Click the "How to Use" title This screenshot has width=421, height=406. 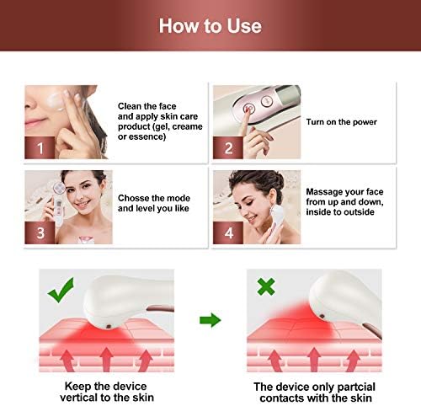(x=210, y=26)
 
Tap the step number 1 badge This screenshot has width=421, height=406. (x=40, y=147)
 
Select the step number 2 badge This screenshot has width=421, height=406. (x=228, y=147)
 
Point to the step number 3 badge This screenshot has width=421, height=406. (x=40, y=232)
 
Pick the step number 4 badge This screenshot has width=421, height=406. (x=228, y=232)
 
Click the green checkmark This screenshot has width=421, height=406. (x=61, y=290)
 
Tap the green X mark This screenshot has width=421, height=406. (x=266, y=286)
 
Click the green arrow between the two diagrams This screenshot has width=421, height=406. (x=210, y=320)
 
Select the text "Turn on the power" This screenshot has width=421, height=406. (x=341, y=122)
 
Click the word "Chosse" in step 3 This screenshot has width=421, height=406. (x=134, y=198)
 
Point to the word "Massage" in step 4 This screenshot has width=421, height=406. (x=322, y=192)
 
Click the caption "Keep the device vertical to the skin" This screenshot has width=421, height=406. (x=106, y=392)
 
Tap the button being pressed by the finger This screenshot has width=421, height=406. (x=249, y=109)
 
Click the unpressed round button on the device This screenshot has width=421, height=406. (x=267, y=101)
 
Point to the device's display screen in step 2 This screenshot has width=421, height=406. (x=286, y=94)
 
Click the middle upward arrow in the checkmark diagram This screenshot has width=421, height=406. (x=106, y=360)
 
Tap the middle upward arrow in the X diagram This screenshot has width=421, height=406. (x=314, y=360)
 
